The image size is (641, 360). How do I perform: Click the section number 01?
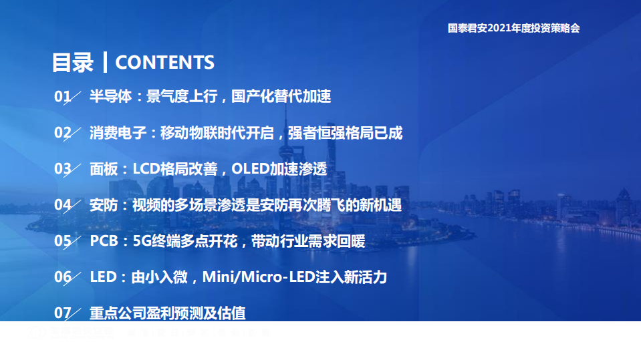(62, 97)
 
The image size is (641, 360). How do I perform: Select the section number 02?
(62, 133)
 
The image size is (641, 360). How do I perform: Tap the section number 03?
(62, 169)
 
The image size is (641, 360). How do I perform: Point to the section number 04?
(62, 205)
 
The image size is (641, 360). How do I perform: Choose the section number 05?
(62, 241)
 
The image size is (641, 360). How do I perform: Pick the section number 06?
(62, 277)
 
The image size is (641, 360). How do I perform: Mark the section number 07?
(62, 313)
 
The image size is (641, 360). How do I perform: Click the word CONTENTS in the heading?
(164, 62)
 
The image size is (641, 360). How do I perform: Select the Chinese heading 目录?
(73, 62)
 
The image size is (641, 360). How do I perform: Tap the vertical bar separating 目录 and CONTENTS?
(105, 62)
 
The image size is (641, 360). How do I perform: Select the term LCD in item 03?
(146, 169)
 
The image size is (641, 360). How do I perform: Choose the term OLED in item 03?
(250, 169)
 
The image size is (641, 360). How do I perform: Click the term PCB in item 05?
(104, 241)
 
